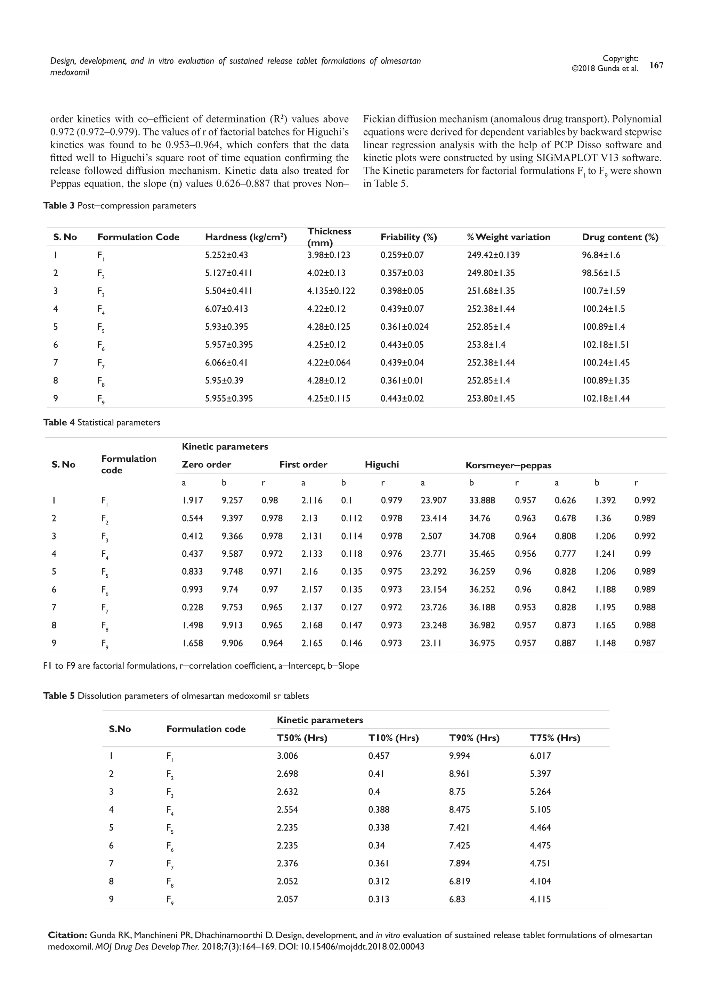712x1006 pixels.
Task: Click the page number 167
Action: [656, 65]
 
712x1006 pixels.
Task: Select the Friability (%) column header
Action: [408, 237]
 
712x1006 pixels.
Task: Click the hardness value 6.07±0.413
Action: [226, 309]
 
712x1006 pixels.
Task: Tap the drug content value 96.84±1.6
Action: [601, 255]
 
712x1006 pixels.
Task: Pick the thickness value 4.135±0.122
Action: [331, 291]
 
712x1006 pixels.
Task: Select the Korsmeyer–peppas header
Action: [508, 465]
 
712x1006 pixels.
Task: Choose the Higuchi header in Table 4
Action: [381, 464]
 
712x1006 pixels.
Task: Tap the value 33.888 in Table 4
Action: [482, 500]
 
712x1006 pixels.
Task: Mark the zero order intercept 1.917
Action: [192, 500]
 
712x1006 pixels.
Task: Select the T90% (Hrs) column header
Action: [474, 738]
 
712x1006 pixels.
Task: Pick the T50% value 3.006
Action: [287, 756]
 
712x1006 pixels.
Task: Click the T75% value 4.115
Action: [540, 899]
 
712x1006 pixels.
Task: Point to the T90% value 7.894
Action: [460, 863]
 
